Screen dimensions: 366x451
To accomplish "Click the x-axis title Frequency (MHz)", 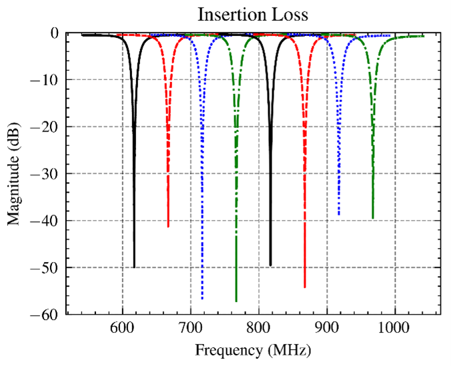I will (x=253, y=349).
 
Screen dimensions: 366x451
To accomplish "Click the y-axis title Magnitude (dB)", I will (x=14, y=173).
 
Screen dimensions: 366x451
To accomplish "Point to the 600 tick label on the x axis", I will (x=122, y=328).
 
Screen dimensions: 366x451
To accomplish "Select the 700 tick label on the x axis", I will (x=191, y=328).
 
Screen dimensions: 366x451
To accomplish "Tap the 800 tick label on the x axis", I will (x=259, y=328).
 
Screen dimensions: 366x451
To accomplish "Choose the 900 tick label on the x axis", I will (x=327, y=328).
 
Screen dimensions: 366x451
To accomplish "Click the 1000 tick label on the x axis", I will (x=395, y=328).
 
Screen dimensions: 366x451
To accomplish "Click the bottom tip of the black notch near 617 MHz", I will (x=134, y=267).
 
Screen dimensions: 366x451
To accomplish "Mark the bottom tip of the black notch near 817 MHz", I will (x=270, y=266).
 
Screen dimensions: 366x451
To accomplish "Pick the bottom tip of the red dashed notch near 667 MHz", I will (x=168, y=227).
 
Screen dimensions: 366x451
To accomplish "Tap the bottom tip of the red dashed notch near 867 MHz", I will (x=304, y=288).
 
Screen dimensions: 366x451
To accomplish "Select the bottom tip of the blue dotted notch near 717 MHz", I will (x=202, y=299).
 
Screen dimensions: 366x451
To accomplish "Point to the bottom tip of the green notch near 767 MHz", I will (x=236, y=302).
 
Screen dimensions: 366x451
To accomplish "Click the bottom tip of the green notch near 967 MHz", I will (x=372, y=219).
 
